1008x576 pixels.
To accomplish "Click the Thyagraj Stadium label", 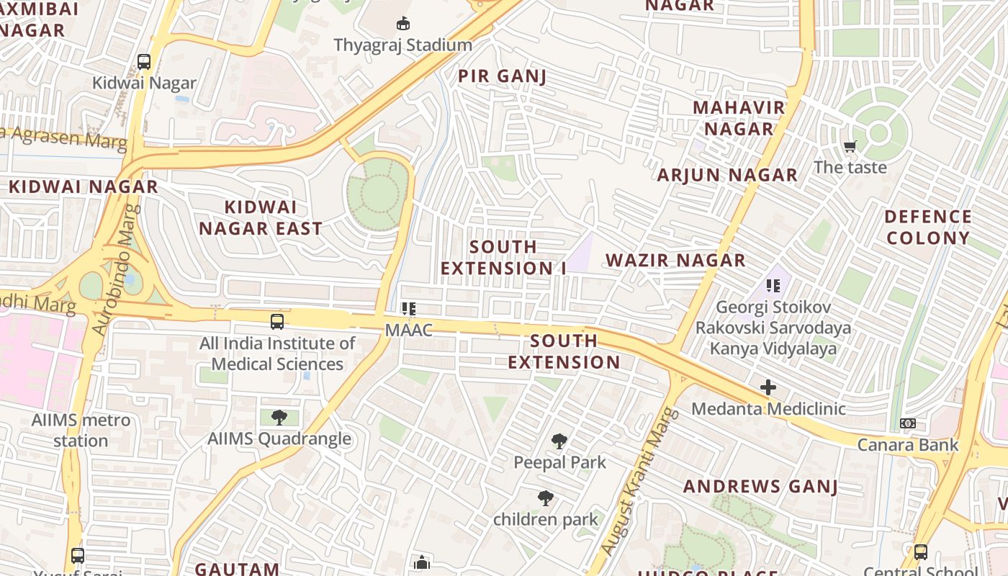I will coord(402,45).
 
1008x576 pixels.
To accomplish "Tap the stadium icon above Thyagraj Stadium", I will coord(403,24).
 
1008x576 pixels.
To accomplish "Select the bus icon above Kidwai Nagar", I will coord(144,62).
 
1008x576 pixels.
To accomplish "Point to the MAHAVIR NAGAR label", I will coord(739,118).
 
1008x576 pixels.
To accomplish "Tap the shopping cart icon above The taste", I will coord(850,147).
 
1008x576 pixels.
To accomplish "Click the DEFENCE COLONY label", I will coord(928,227).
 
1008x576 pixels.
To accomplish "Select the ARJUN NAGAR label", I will coord(727,175).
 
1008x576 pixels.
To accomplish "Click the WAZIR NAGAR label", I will coord(675,261).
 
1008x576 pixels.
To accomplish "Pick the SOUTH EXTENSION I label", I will coord(503,257).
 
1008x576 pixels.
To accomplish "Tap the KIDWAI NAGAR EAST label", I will coord(261,218).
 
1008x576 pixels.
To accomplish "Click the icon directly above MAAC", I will coord(409,310).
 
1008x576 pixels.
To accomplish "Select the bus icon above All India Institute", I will coord(277,321).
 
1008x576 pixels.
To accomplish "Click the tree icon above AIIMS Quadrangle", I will coord(279,417).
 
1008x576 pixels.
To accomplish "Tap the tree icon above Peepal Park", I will coord(559,441).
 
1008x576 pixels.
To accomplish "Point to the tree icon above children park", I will coord(546,498).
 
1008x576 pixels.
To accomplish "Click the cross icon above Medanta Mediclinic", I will coord(768,387).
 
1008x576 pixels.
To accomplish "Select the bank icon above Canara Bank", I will coord(908,423).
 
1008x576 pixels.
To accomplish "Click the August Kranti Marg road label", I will coord(639,482).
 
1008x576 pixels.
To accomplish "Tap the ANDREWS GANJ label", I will coord(760,487).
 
